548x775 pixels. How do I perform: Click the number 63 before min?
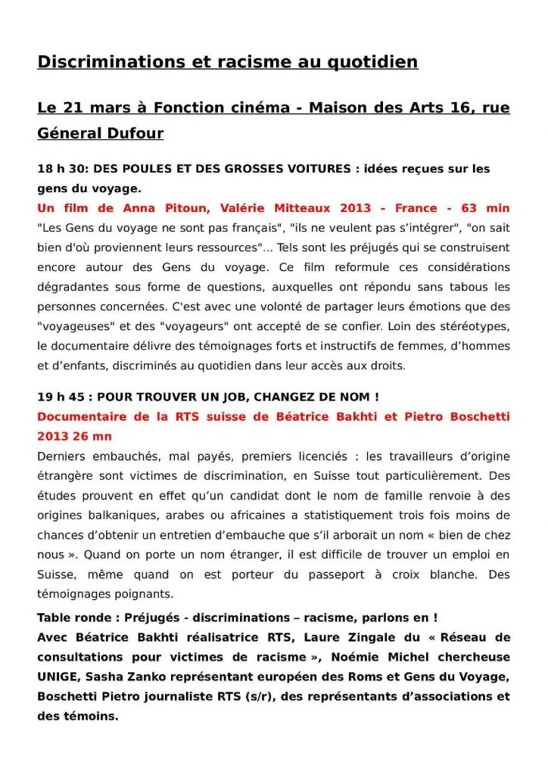[x=469, y=208]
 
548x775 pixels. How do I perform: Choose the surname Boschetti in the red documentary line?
[x=477, y=416]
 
